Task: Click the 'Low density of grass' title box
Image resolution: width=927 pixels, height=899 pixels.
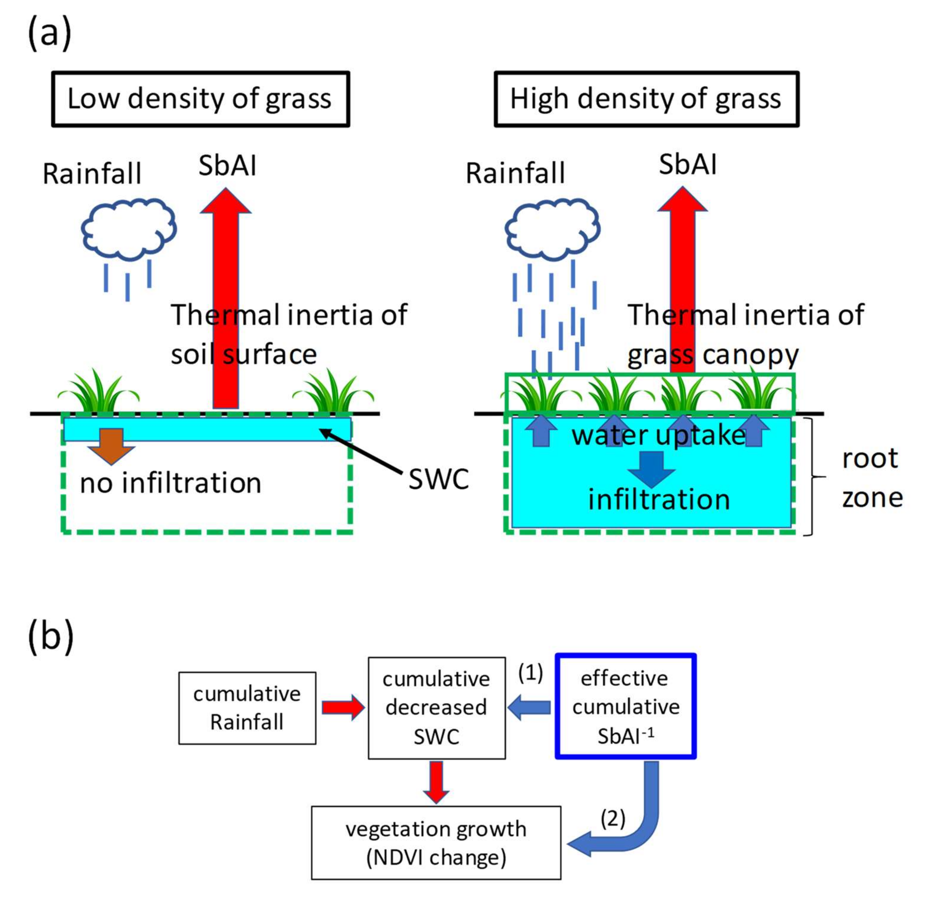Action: click(x=200, y=99)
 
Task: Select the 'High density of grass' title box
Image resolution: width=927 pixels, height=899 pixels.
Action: click(x=646, y=99)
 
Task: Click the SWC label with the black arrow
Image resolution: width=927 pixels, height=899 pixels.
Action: click(x=438, y=479)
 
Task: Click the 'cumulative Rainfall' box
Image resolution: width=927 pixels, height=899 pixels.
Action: click(x=247, y=708)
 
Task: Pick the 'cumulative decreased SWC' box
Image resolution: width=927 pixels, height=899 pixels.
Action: click(x=436, y=708)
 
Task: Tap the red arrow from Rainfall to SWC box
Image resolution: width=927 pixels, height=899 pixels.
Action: click(x=342, y=707)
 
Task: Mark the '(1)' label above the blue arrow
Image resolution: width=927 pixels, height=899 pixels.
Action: click(x=530, y=672)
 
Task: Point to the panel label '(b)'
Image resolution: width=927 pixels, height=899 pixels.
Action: click(x=51, y=636)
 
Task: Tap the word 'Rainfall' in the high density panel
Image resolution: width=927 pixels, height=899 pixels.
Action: click(x=515, y=173)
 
